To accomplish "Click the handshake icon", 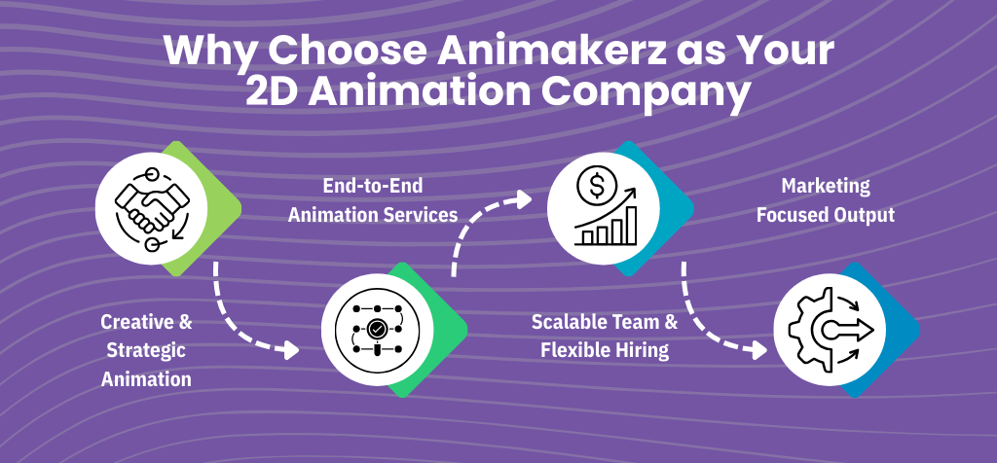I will point(144,206).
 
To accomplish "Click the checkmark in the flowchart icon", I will point(376,329).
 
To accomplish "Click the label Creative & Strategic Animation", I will point(146,349).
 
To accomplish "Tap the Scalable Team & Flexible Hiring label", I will point(605,337).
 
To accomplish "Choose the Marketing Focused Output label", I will point(825,200).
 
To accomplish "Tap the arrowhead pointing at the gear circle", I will point(758,349).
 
